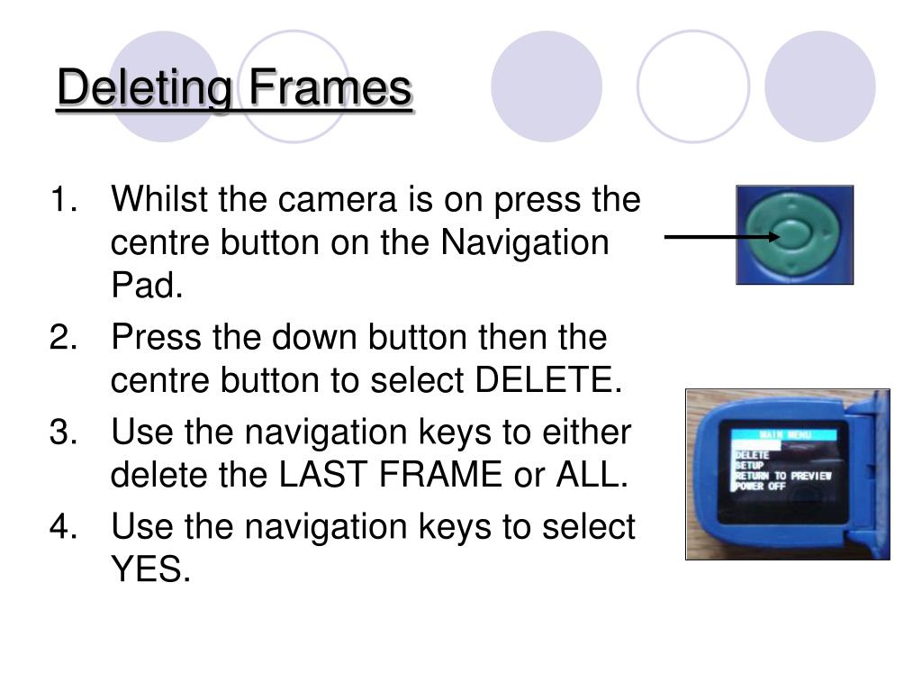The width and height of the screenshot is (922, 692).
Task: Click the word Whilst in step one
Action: [158, 199]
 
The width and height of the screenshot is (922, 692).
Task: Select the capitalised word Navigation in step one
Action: [524, 243]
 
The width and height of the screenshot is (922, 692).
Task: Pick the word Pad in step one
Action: [144, 287]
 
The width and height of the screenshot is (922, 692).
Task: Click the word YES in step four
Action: [149, 569]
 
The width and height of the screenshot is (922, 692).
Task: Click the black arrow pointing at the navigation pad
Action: [720, 237]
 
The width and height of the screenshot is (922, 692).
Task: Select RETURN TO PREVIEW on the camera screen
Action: [782, 475]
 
